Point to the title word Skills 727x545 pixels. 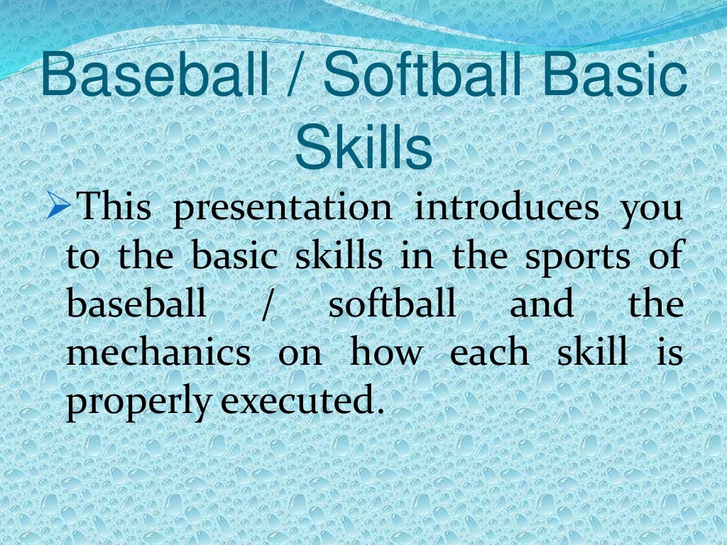click(x=363, y=148)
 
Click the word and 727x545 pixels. click(x=541, y=304)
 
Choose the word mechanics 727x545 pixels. click(x=158, y=353)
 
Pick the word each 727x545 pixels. click(x=489, y=353)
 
